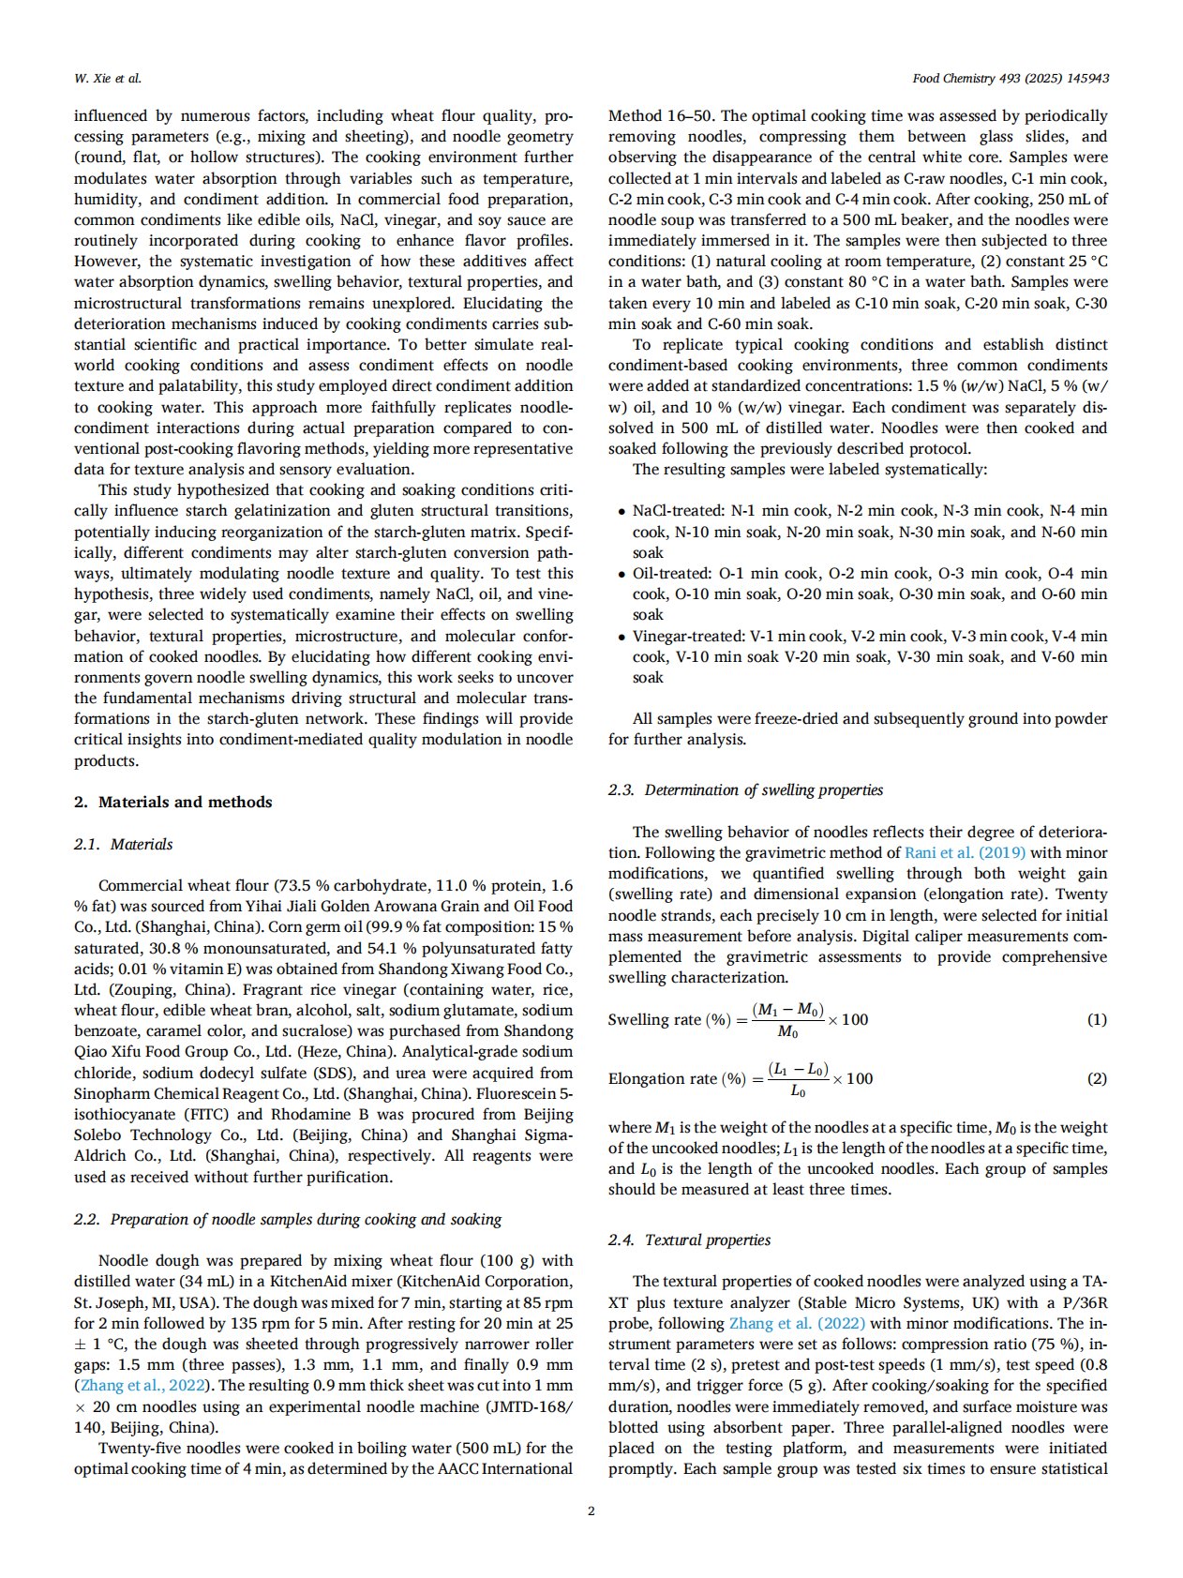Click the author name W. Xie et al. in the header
click(107, 78)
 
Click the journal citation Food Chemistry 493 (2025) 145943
click(1010, 78)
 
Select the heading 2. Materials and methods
click(173, 802)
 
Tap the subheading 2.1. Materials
click(124, 844)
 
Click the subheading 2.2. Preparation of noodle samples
click(288, 1219)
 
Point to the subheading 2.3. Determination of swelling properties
click(745, 789)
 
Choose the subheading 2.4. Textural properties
click(689, 1240)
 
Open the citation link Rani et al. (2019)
click(965, 852)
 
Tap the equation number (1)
click(1096, 1019)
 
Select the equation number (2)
click(1096, 1078)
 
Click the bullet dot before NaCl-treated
click(621, 512)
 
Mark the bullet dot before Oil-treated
click(621, 574)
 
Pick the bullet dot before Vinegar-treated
click(621, 637)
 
